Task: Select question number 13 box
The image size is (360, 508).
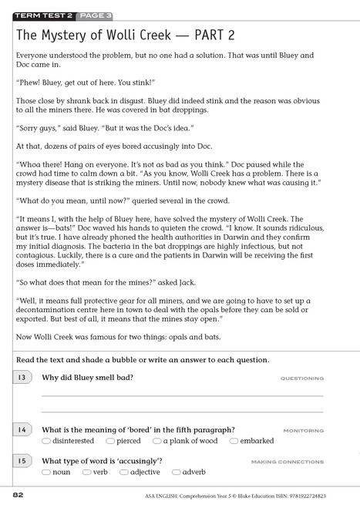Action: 22,378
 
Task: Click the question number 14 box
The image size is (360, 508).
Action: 22,429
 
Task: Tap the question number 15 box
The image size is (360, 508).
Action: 22,460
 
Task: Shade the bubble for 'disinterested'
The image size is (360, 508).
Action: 46,441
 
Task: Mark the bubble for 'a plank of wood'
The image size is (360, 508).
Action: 156,441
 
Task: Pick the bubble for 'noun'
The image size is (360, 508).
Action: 46,471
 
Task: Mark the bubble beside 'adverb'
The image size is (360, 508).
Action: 176,471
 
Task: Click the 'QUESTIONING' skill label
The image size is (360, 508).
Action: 301,378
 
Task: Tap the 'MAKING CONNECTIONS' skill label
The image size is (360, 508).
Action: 287,461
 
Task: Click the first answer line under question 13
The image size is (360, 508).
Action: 181,395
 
